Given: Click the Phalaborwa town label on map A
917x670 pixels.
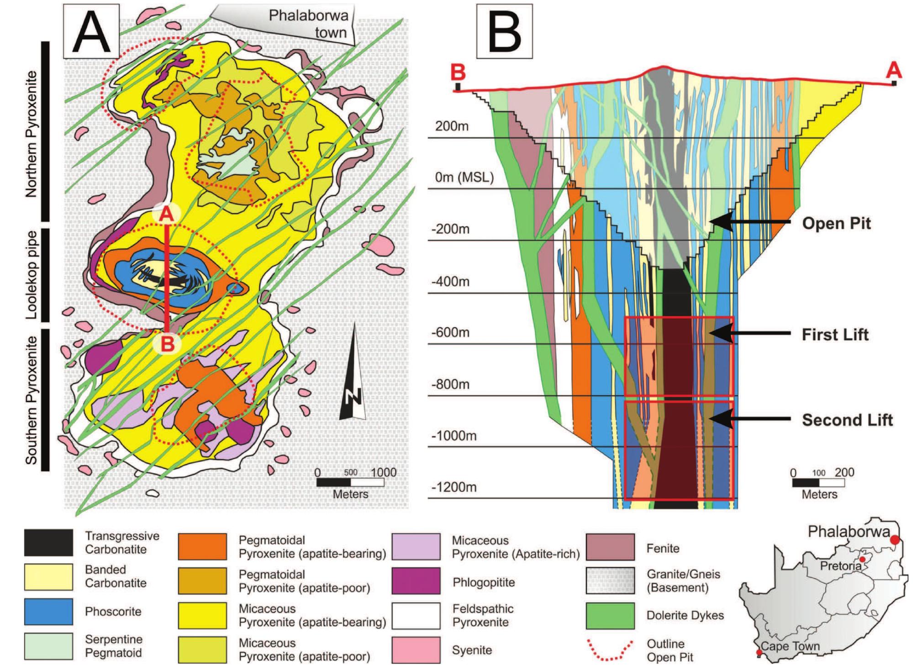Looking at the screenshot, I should click(x=308, y=24).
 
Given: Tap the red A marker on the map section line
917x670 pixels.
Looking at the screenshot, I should click(x=167, y=215).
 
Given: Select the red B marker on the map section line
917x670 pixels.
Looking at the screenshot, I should click(x=168, y=344).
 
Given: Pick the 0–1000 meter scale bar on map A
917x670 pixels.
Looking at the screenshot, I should click(x=350, y=482).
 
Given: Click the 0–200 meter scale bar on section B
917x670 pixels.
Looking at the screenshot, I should click(x=819, y=483).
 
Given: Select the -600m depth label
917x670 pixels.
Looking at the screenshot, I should click(x=450, y=332).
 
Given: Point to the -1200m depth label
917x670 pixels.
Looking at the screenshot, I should click(x=454, y=487).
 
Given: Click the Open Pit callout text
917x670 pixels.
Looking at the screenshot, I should click(x=837, y=224).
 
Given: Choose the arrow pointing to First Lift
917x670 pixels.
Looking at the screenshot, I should click(x=749, y=334).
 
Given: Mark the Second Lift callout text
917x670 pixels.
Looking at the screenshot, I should click(x=847, y=420).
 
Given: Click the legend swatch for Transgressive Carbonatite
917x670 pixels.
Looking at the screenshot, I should click(x=48, y=542).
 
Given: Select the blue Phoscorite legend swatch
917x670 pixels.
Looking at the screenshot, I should click(x=48, y=612).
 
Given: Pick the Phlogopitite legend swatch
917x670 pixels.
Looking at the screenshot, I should click(x=416, y=581).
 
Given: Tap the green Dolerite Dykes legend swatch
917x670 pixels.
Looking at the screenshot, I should click(x=610, y=616).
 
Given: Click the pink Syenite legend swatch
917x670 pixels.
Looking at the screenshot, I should click(x=416, y=650).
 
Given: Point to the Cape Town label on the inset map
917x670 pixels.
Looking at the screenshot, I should click(x=790, y=646).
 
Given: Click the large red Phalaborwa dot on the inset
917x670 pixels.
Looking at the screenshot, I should click(x=895, y=539).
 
